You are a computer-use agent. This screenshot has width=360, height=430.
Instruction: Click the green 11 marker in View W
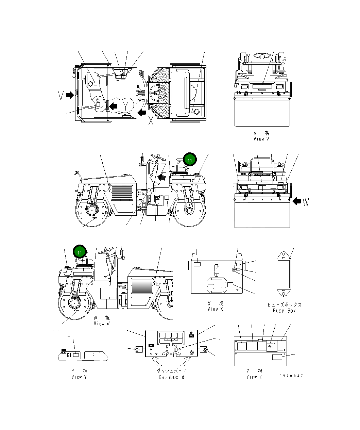pos(80,252)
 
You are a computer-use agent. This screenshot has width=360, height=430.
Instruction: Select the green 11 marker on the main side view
pos(190,160)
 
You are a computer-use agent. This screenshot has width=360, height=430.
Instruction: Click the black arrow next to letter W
pos(297,201)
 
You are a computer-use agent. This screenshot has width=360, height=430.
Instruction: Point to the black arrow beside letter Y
pos(113,105)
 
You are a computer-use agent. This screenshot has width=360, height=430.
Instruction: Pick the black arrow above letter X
pos(142,112)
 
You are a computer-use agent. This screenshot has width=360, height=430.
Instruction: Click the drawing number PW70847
pos(291,376)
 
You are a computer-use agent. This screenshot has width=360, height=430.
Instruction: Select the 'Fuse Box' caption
pos(284,311)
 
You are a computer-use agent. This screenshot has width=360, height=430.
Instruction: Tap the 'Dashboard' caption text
pos(171,377)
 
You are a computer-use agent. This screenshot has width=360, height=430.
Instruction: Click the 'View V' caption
pos(261,139)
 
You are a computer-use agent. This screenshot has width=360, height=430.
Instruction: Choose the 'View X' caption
pos(215,309)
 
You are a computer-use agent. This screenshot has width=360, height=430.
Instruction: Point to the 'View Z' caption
pos(254,377)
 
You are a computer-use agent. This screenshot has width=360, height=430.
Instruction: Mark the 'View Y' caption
pos(79,377)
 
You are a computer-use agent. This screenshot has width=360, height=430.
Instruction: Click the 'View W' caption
pos(102,324)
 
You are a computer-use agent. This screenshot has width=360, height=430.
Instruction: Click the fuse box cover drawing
pos(284,272)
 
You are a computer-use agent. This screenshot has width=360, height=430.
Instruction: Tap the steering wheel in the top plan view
pos(159,93)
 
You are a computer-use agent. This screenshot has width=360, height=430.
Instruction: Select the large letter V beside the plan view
pos(61,96)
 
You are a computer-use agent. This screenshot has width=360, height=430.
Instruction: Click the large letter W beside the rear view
pos(306,202)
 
